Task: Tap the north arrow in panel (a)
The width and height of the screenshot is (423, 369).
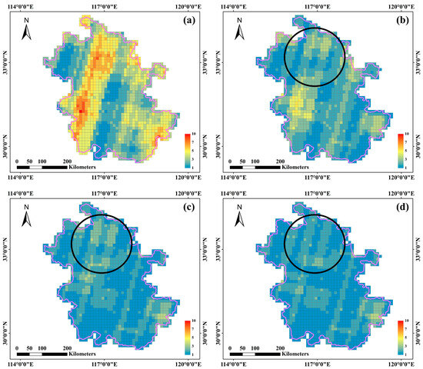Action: click(25, 32)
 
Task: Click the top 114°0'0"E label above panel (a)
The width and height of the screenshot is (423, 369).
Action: click(19, 5)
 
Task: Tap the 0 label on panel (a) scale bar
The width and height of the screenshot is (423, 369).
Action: click(17, 158)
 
